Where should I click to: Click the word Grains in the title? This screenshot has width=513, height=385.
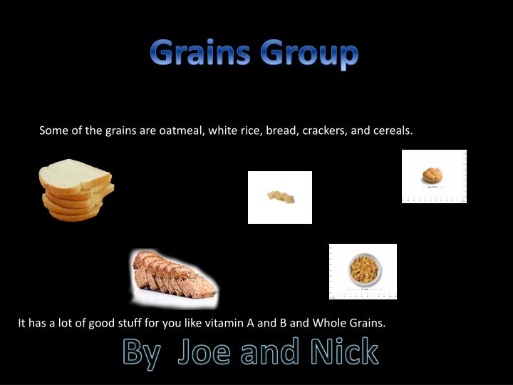click(x=200, y=53)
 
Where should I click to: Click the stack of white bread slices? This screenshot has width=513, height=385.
click(x=75, y=189)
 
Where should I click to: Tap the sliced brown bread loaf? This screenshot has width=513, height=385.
click(x=175, y=278)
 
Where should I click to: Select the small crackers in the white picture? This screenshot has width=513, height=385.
click(x=280, y=197)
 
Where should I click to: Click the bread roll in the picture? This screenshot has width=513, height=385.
click(x=433, y=175)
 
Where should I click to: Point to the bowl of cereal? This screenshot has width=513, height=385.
click(x=364, y=271)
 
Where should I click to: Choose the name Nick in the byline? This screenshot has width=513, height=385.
click(x=345, y=352)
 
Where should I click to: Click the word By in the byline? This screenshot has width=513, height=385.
click(x=140, y=353)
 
